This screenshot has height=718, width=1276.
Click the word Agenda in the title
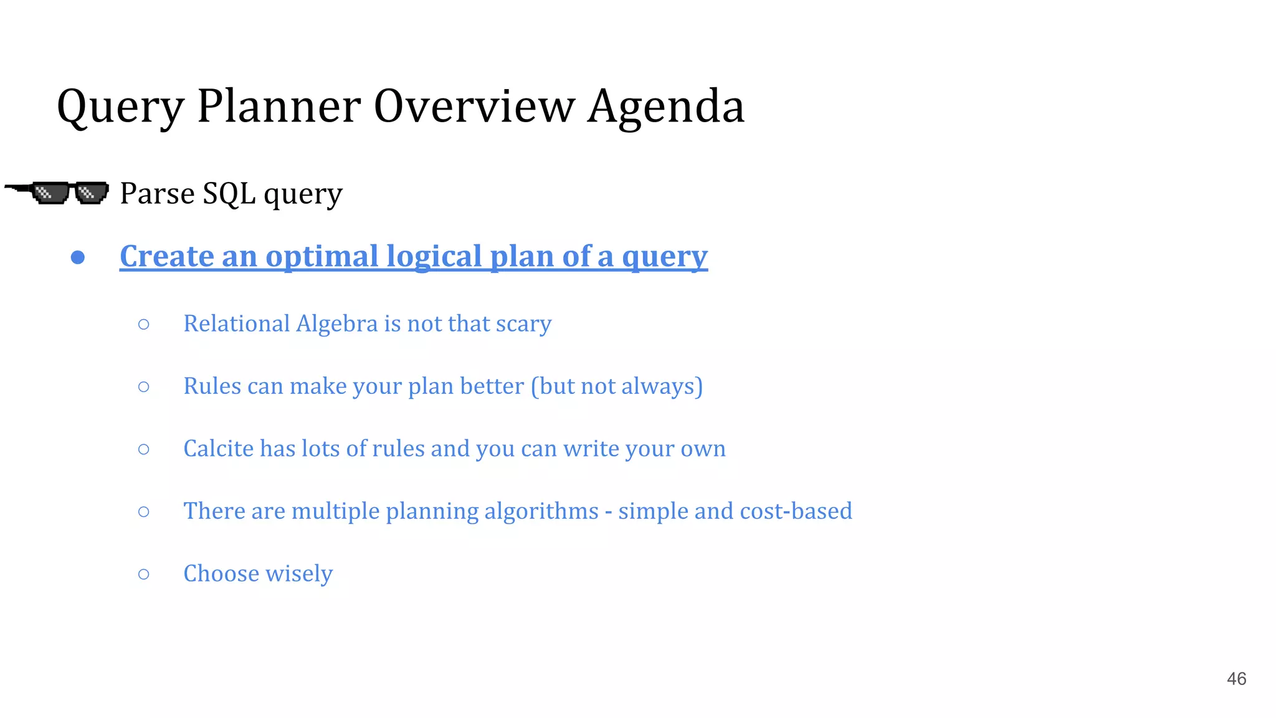[x=665, y=107]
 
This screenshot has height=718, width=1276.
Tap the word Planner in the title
[x=279, y=107]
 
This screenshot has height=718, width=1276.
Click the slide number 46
[x=1236, y=679]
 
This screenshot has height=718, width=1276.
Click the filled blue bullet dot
[x=78, y=257]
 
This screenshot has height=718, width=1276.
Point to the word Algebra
[x=336, y=323]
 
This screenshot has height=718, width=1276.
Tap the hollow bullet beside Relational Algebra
[x=144, y=324]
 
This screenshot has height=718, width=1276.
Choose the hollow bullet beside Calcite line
[x=144, y=449]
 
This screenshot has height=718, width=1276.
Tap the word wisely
[x=299, y=573]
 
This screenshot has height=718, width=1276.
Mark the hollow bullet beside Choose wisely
[x=144, y=573]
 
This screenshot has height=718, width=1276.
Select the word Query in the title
[x=120, y=108]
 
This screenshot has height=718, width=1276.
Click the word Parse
[x=157, y=193]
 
